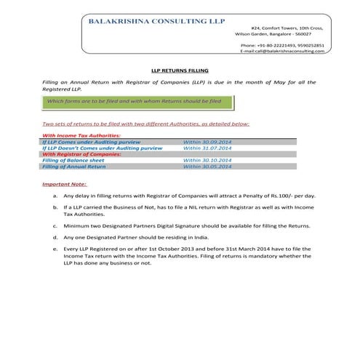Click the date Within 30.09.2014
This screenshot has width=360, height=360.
pos(207,141)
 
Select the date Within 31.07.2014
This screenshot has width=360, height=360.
pos(207,147)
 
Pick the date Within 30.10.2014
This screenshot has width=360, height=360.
pos(207,159)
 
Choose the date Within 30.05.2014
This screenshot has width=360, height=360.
pos(207,166)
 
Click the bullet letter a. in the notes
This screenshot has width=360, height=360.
pos(55,196)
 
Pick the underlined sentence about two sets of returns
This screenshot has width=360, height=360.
pos(146,124)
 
